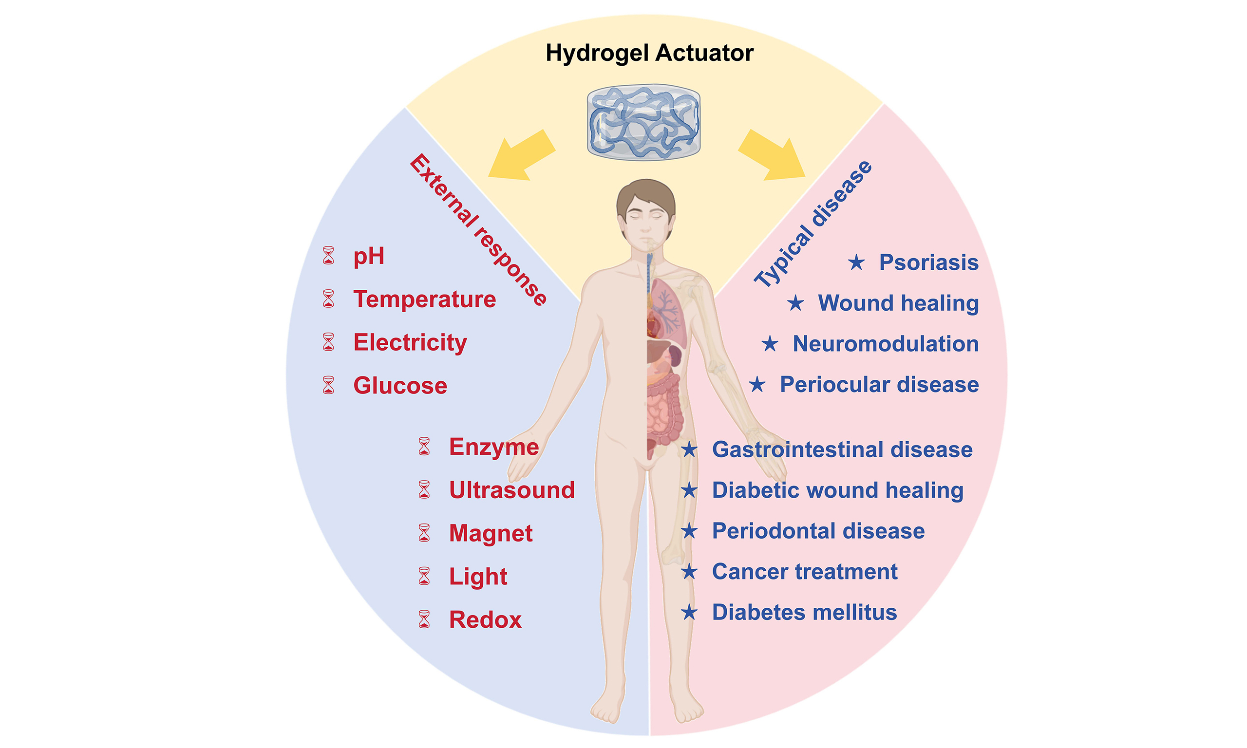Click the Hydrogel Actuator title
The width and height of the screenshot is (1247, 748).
pyautogui.click(x=649, y=54)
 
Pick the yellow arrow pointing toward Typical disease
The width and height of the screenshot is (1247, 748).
pyautogui.click(x=772, y=155)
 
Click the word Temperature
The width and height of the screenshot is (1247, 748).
pyautogui.click(x=424, y=299)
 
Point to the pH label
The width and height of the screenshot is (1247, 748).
pyautogui.click(x=369, y=257)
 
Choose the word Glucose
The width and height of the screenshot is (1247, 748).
pyautogui.click(x=400, y=386)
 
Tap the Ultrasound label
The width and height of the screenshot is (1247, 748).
pyautogui.click(x=511, y=490)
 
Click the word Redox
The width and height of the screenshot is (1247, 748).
pyautogui.click(x=485, y=619)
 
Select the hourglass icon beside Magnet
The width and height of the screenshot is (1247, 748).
pyautogui.click(x=424, y=533)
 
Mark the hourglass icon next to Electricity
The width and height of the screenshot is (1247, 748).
pyautogui.click(x=329, y=342)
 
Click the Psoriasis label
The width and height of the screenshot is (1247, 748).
pyautogui.click(x=929, y=262)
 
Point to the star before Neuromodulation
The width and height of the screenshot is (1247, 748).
pyautogui.click(x=770, y=344)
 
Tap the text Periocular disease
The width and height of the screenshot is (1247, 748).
pyautogui.click(x=880, y=385)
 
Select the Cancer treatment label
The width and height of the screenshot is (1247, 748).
pyautogui.click(x=804, y=572)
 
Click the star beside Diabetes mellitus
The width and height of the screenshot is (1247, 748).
pyautogui.click(x=689, y=613)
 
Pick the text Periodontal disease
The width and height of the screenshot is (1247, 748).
pyautogui.click(x=818, y=531)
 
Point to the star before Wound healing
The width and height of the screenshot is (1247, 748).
pyautogui.click(x=795, y=303)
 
